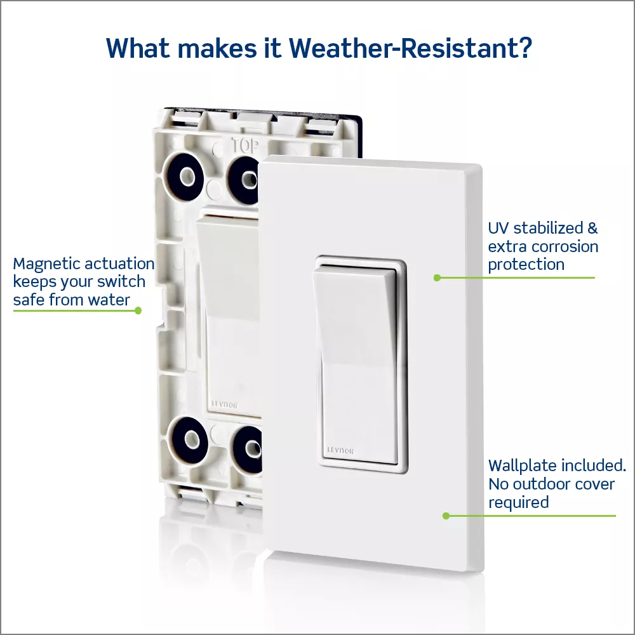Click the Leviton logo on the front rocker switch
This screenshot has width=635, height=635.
point(340,451)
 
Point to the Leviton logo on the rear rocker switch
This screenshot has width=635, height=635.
point(225,404)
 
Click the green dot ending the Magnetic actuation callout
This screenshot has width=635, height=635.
point(138,311)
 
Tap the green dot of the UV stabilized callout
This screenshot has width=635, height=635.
point(437,278)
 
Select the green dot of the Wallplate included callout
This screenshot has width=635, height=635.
point(446,516)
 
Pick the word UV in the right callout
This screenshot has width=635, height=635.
point(498,228)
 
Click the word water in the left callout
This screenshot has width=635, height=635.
point(109,300)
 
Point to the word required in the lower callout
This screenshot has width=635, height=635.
point(518,502)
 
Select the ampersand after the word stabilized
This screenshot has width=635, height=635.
point(592,228)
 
